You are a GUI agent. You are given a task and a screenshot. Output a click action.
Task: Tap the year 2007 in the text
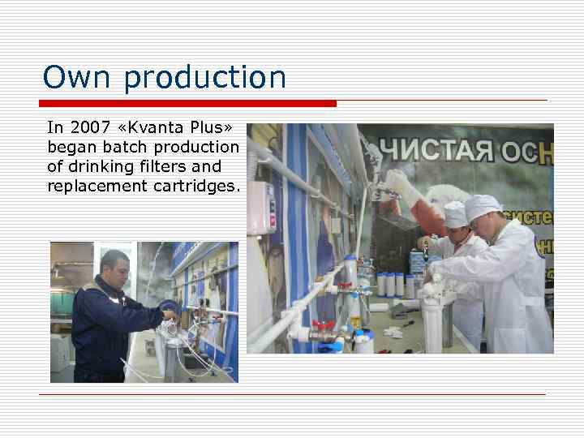click(x=86, y=127)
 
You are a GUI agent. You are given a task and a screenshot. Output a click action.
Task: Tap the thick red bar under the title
click(x=187, y=104)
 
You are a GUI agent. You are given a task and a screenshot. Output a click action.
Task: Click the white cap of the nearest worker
click(x=483, y=207)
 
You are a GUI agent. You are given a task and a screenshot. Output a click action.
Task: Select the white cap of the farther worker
click(x=456, y=214)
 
